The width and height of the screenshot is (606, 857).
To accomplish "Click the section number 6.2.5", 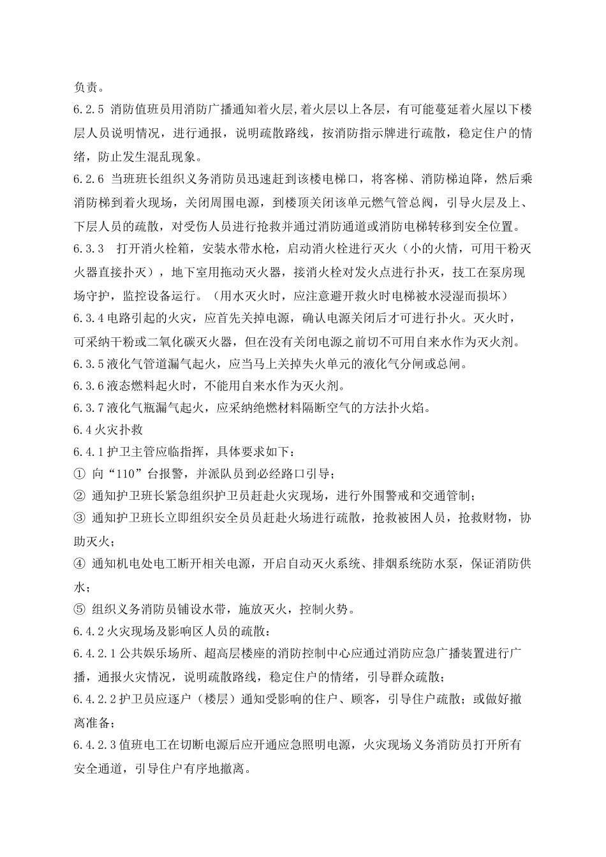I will (89, 109).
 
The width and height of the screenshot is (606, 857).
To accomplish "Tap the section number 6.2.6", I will (89, 179).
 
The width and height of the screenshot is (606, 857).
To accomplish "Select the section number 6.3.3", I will (89, 249).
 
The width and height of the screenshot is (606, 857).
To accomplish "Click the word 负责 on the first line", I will (85, 87).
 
